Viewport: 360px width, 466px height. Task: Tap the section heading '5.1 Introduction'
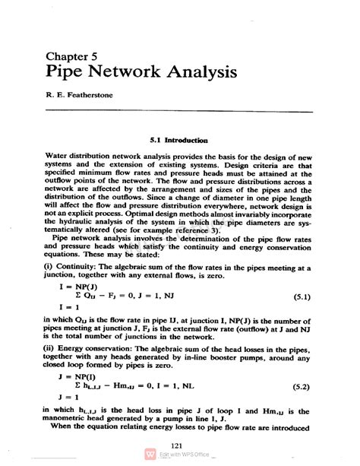179,141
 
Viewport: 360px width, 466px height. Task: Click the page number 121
180,445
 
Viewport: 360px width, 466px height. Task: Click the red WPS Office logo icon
150,455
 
